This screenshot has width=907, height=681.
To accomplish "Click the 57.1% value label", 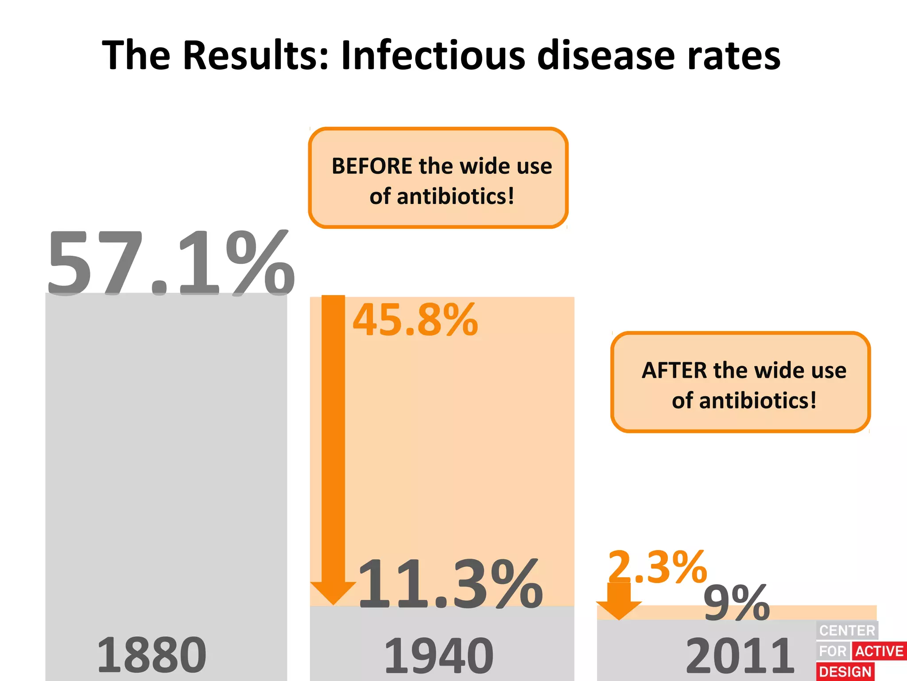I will point(171,264).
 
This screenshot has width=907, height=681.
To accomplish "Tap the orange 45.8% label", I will point(415,320).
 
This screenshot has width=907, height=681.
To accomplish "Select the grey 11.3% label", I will point(450,584).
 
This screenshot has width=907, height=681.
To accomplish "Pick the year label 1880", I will point(151,655).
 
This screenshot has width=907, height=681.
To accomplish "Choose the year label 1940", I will point(438,656).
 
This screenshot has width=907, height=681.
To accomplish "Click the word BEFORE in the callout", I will point(372,166).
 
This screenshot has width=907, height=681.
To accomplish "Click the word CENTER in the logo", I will point(847,630).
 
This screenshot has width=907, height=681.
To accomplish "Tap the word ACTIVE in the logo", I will point(879,651).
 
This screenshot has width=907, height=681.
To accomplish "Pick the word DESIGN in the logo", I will point(845,672).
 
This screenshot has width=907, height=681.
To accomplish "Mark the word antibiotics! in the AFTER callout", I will point(757,401).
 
